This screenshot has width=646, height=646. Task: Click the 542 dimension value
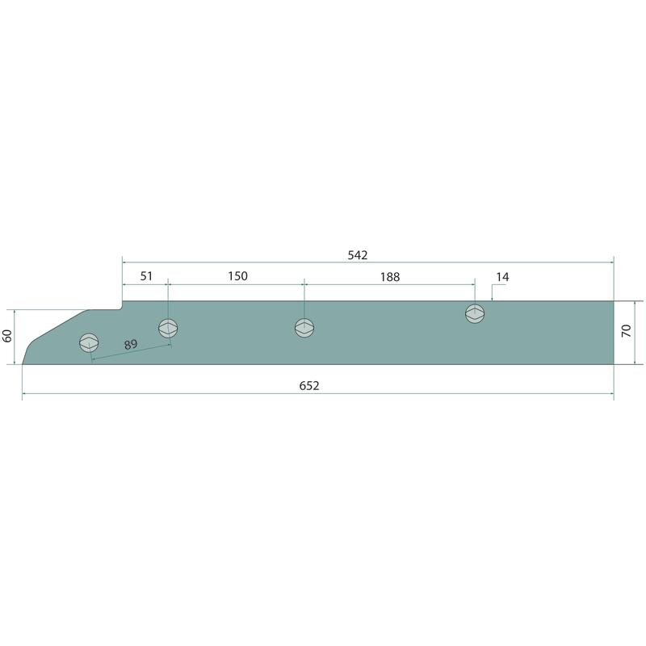click(x=357, y=255)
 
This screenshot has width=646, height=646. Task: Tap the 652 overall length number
click(x=309, y=386)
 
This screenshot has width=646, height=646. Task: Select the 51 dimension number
click(x=146, y=276)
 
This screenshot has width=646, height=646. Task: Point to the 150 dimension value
click(x=237, y=276)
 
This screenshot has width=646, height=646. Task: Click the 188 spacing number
click(x=390, y=277)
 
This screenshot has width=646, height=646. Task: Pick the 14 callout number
click(x=502, y=277)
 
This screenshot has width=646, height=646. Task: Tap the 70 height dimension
click(x=627, y=331)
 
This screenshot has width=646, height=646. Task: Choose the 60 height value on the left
click(x=7, y=336)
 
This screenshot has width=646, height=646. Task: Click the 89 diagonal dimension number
click(x=131, y=345)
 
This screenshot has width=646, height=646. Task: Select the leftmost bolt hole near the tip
click(x=89, y=342)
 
